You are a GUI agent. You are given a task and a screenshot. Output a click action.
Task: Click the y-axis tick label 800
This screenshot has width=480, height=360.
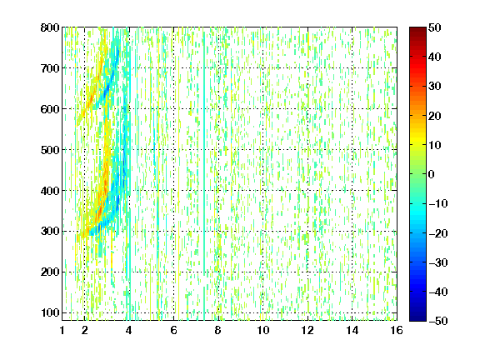click(x=50, y=27)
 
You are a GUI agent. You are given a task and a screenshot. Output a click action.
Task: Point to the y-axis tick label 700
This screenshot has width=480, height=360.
click(x=50, y=68)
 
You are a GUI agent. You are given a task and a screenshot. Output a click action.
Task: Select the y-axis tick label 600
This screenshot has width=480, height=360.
click(x=50, y=109)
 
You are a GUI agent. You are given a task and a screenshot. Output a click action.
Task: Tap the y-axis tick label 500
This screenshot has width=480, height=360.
click(x=50, y=150)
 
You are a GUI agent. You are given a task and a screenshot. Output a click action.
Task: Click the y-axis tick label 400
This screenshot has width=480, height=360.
click(x=50, y=191)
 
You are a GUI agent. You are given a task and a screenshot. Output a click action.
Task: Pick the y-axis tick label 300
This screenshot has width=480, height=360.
click(x=50, y=231)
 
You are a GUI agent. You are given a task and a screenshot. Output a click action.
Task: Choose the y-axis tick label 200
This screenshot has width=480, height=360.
click(x=50, y=272)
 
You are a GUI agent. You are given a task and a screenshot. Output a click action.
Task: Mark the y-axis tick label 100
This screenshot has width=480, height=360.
click(x=50, y=312)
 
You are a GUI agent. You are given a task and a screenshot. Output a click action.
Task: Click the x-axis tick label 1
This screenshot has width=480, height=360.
click(x=62, y=330)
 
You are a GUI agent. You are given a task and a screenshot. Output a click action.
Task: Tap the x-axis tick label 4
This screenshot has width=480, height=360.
click(x=129, y=330)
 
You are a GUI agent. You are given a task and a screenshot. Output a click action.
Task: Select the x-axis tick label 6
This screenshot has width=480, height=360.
click(x=173, y=330)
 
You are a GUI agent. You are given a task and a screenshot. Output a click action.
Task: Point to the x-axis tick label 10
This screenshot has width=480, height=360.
click(x=263, y=330)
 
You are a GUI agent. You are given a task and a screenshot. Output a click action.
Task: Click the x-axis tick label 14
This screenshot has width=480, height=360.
click(x=352, y=330)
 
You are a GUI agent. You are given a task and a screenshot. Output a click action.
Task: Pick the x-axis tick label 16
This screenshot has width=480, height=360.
click(x=397, y=330)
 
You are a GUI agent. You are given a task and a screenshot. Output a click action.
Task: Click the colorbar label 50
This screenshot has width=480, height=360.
click(x=434, y=27)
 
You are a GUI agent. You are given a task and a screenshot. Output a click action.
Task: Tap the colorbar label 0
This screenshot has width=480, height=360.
click(x=432, y=174)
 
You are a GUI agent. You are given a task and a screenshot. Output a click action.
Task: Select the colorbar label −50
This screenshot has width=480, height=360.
click(x=438, y=321)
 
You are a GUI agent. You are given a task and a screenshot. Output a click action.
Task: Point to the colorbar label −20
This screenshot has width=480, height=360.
click(x=438, y=233)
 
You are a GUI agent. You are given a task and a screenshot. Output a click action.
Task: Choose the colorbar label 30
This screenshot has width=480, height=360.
click(x=434, y=87)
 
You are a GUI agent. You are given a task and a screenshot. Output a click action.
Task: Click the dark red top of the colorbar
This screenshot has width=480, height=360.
click(x=417, y=30)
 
